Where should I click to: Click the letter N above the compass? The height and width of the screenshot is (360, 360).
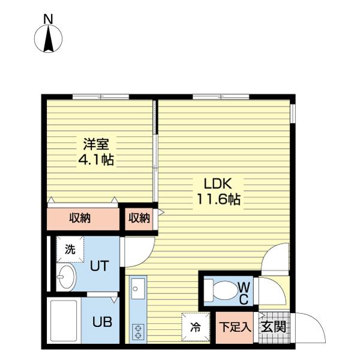[48, 19]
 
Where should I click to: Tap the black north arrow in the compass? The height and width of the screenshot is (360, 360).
[49, 39]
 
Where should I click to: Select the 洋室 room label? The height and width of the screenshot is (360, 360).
[96, 144]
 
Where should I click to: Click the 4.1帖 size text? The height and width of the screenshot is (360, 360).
[96, 160]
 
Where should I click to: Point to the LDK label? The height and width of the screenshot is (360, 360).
[218, 184]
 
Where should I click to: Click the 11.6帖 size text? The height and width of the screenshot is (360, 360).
[218, 199]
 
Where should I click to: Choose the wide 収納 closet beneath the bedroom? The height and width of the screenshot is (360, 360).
[83, 219]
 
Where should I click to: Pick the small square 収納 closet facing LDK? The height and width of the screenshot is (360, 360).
[139, 219]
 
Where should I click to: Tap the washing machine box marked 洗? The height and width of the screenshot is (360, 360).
[70, 250]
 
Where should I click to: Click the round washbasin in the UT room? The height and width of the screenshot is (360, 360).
[66, 277]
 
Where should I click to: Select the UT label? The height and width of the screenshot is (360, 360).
[99, 266]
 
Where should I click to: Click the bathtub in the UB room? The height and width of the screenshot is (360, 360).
[64, 320]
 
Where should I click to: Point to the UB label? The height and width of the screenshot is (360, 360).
[102, 322]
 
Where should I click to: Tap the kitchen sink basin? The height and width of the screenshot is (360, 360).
[138, 289]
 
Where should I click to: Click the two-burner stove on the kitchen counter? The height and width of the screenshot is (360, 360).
[138, 332]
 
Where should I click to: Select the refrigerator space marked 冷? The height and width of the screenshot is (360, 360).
[196, 327]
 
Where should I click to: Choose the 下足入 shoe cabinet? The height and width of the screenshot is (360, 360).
[235, 328]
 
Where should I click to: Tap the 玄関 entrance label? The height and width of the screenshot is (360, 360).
[274, 327]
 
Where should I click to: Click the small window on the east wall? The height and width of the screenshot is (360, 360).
[293, 113]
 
